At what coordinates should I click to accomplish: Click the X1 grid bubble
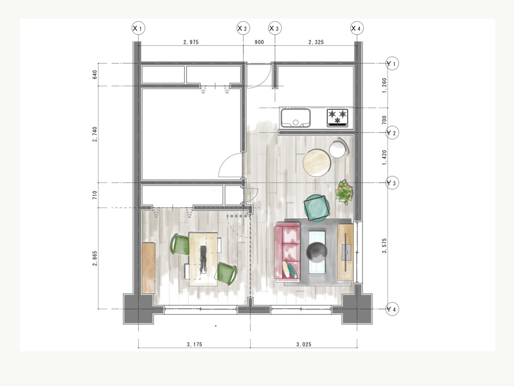pyautogui.click(x=138, y=28)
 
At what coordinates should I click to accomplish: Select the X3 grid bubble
pyautogui.click(x=275, y=28)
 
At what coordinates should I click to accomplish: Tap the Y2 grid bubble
pyautogui.click(x=392, y=132)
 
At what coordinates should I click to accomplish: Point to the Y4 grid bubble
pyautogui.click(x=392, y=309)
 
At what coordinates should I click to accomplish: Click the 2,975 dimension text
pyautogui.click(x=191, y=42)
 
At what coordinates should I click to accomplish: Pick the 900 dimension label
pyautogui.click(x=259, y=42)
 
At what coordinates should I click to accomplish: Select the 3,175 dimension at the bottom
pyautogui.click(x=194, y=344)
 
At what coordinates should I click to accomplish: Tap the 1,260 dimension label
pyautogui.click(x=384, y=85)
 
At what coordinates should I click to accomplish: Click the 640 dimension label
pyautogui.click(x=95, y=75)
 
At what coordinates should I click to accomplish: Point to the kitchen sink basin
pyautogui.click(x=296, y=118)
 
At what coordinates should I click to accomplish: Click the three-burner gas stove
pyautogui.click(x=337, y=118)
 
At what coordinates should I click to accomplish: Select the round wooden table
pyautogui.click(x=317, y=163)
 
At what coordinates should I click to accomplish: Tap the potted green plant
pyautogui.click(x=344, y=192)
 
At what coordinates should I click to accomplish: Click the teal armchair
pyautogui.click(x=316, y=208)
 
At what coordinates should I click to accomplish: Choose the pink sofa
pyautogui.click(x=288, y=252)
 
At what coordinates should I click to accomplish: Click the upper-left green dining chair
pyautogui.click(x=181, y=244)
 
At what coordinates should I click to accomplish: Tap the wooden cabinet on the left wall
pyautogui.click(x=148, y=268)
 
